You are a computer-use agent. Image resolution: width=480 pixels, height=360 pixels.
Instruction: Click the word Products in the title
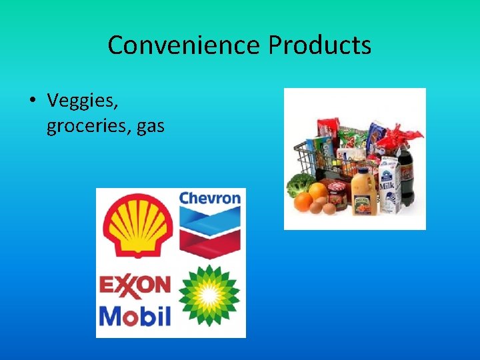(x=320, y=45)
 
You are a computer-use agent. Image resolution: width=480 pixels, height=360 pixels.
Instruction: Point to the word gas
(x=150, y=126)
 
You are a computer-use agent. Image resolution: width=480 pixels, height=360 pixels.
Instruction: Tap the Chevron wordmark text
(x=210, y=198)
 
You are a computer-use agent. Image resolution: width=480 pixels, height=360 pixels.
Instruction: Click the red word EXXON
(x=135, y=285)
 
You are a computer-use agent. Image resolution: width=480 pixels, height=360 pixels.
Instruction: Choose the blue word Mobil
(x=135, y=315)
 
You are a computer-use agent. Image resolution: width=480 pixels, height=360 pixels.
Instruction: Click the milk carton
(x=389, y=183)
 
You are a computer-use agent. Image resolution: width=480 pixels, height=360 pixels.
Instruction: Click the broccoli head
(x=300, y=183)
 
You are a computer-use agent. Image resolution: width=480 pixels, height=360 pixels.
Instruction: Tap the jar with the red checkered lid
(x=337, y=193)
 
